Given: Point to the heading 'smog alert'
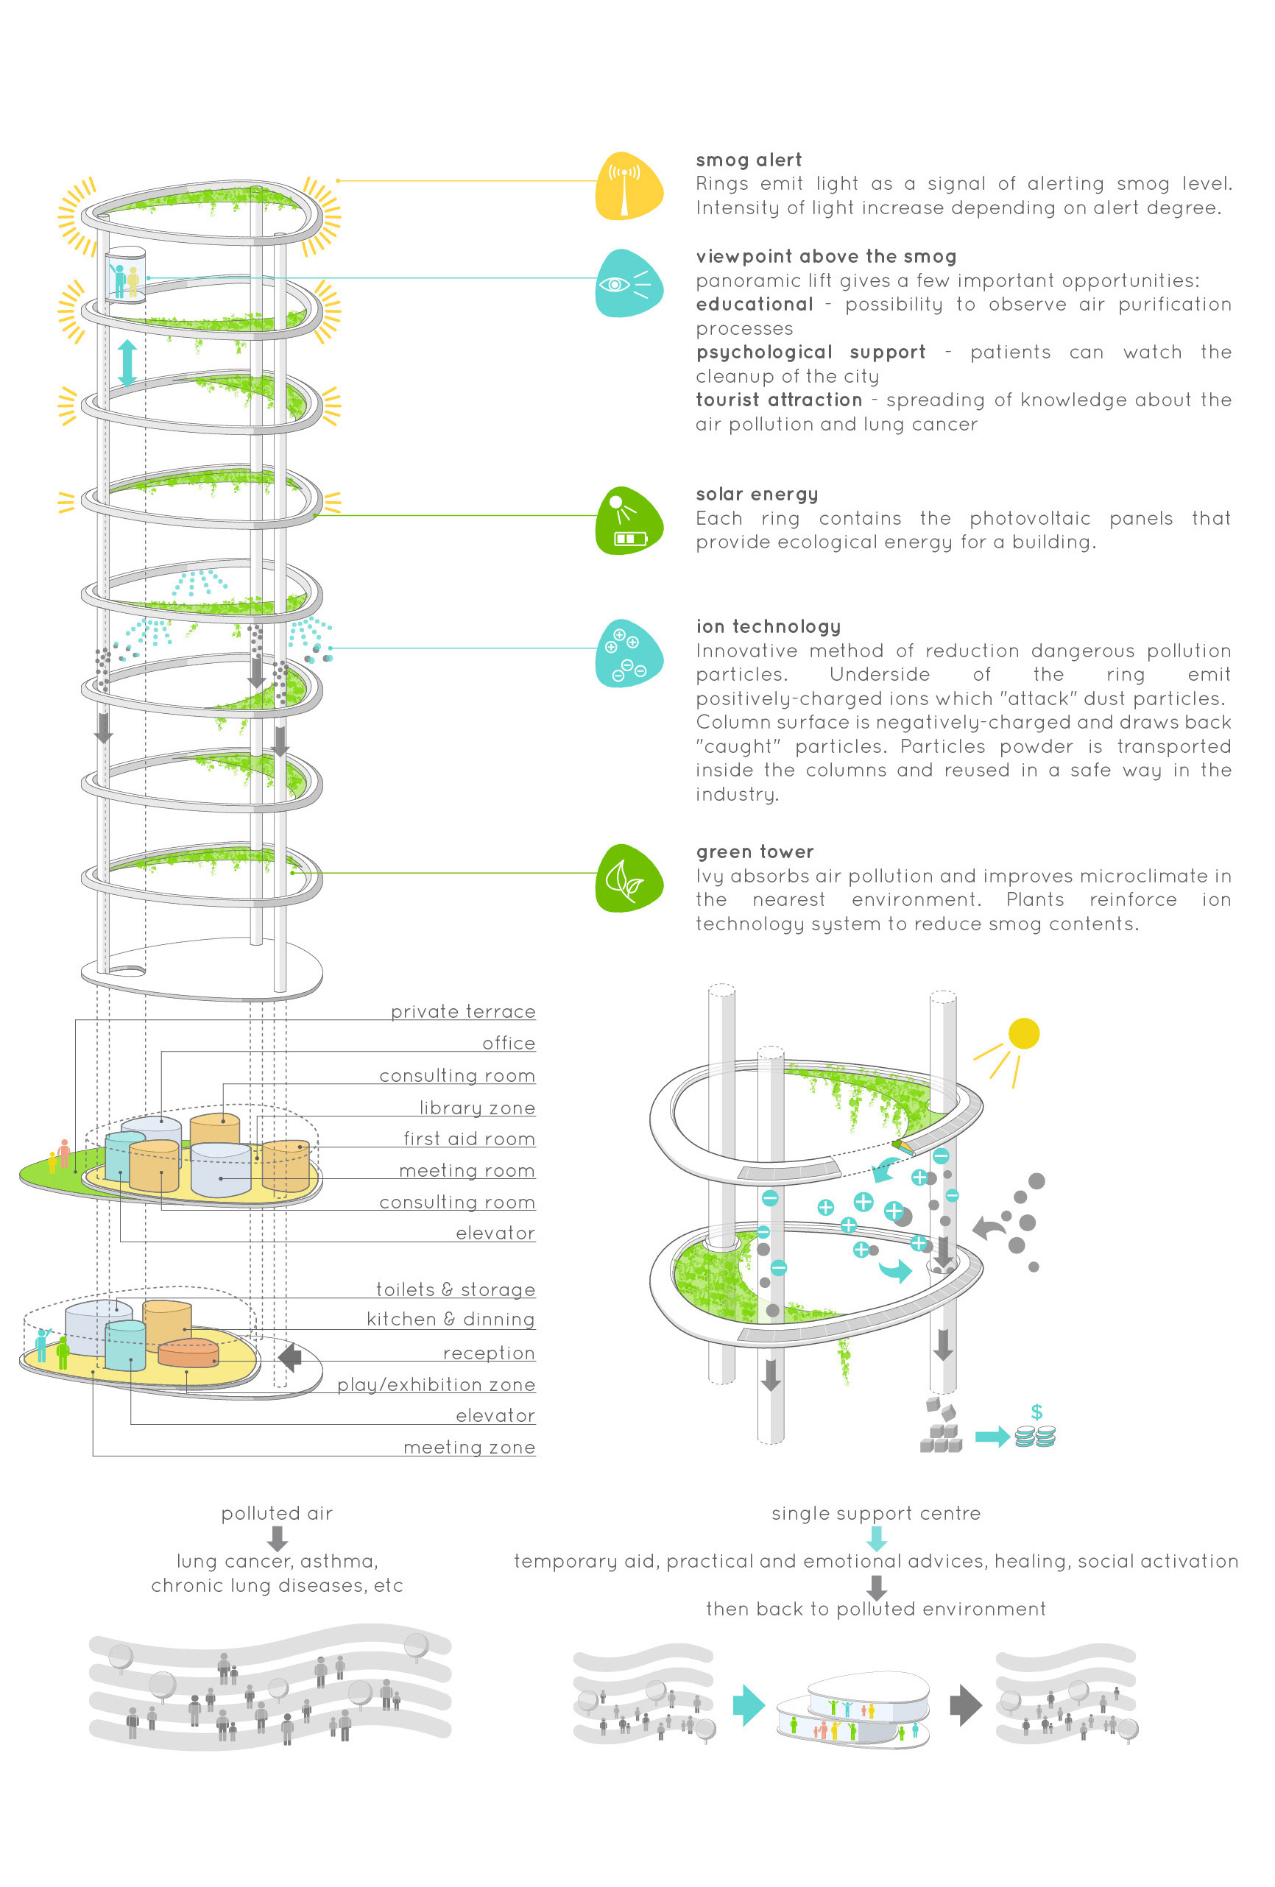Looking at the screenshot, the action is [748, 160].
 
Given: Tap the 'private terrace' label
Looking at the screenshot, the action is [463, 1012].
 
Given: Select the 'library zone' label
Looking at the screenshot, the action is [477, 1108].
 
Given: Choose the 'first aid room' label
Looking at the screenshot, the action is [470, 1139].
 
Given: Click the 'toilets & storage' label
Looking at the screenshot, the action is [456, 1289].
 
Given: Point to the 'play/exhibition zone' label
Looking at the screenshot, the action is [436, 1384].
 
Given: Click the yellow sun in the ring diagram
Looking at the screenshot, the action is [1023, 1033].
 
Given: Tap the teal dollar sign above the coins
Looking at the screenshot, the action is [1036, 1411].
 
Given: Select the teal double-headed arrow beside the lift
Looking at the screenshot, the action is [127, 362].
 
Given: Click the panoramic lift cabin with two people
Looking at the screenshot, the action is [125, 275].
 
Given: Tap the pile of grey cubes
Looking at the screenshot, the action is [940, 1426].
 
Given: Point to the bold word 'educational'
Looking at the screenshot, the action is [755, 305].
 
